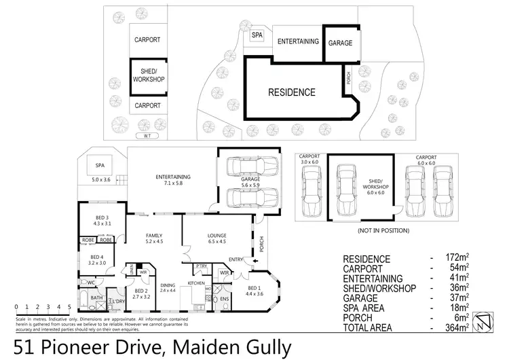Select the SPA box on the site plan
coord(257,35)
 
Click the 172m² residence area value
coord(458,259)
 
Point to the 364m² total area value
coord(458,327)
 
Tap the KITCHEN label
coord(196,282)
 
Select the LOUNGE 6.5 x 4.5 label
coord(216,238)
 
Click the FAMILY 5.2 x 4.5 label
coord(153,238)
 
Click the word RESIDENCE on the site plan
coord(292,92)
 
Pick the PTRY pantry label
coord(200,267)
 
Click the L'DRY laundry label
coord(119,301)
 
